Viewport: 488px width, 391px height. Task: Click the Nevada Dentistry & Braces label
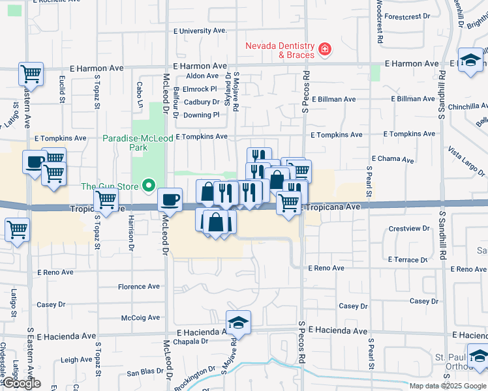279,50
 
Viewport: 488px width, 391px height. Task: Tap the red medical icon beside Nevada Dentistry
324,50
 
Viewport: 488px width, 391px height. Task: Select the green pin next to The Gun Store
149,186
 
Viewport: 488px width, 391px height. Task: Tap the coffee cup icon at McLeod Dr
170,199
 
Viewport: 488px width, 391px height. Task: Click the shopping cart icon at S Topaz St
106,200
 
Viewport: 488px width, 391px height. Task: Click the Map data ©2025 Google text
447,385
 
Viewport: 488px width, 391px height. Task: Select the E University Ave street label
200,31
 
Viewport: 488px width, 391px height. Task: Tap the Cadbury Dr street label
201,102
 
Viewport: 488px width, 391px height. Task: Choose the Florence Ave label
139,287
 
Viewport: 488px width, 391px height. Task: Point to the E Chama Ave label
393,159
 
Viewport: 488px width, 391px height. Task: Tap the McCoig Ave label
140,318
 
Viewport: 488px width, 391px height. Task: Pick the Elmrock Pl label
200,89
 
